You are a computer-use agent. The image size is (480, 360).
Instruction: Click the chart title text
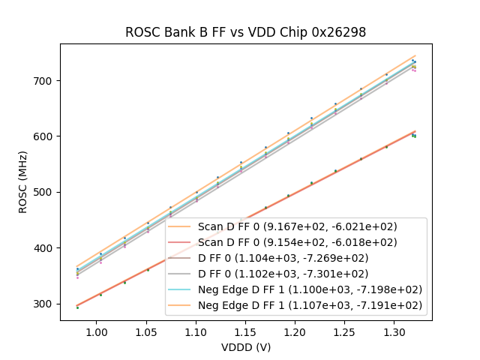point(246,32)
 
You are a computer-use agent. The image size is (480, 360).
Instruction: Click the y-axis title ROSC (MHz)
point(24,182)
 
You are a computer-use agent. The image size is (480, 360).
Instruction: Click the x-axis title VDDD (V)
point(245,347)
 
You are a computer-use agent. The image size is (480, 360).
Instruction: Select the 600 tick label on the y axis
point(45,136)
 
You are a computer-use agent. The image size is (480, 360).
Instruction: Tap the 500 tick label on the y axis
point(45,192)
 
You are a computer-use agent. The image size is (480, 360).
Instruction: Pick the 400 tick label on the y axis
point(45,248)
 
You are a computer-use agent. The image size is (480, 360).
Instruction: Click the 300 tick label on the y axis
point(45,304)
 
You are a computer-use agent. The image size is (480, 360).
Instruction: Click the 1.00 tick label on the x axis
point(96,331)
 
